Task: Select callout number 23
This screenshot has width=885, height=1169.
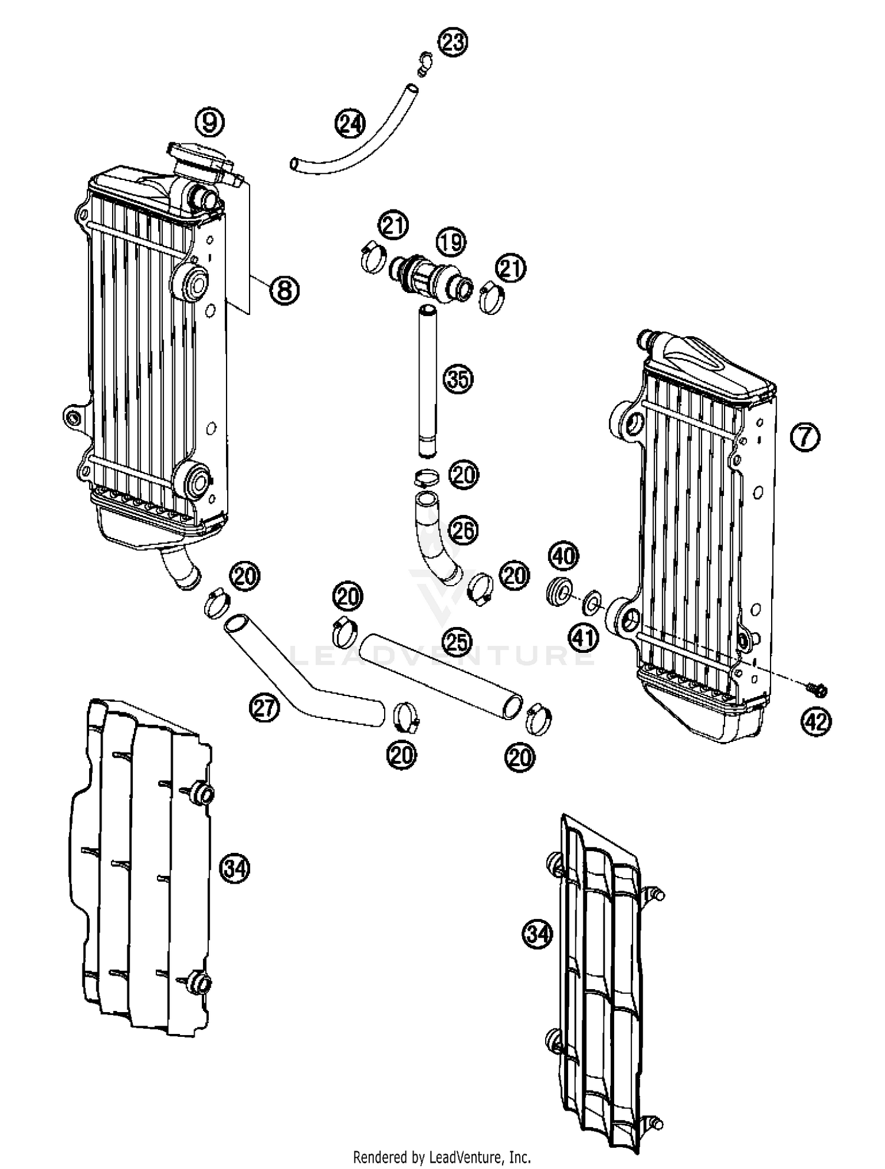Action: pyautogui.click(x=453, y=42)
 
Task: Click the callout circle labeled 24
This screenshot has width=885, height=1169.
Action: pyautogui.click(x=350, y=124)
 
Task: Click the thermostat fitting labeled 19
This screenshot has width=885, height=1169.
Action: pyautogui.click(x=434, y=278)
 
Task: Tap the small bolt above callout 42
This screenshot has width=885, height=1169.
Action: pyautogui.click(x=817, y=688)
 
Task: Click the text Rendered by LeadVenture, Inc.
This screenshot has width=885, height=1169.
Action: pyautogui.click(x=442, y=1157)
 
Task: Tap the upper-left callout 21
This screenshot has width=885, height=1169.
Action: pyautogui.click(x=394, y=226)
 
